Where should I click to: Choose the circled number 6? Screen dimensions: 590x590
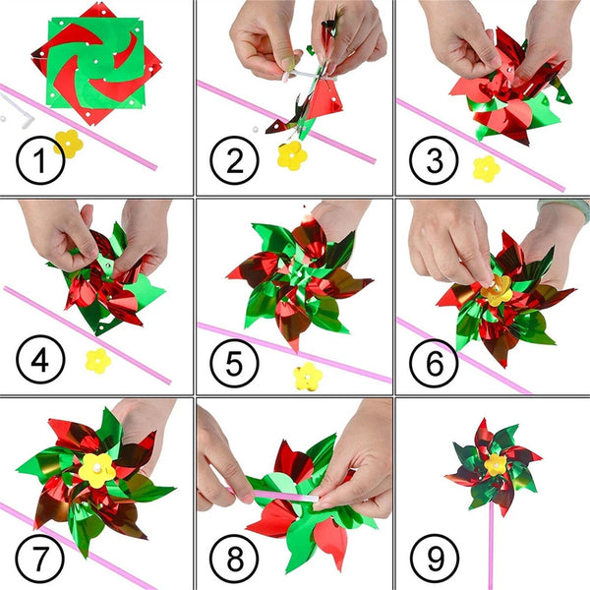434,360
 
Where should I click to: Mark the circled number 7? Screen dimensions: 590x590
39,557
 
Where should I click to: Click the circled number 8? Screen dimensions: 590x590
236,557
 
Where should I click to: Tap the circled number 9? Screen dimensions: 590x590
434,557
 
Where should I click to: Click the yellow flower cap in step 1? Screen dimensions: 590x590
69,144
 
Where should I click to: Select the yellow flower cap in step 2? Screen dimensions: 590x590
291,155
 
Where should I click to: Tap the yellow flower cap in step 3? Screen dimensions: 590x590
486,168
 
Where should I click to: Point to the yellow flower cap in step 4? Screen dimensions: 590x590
97,361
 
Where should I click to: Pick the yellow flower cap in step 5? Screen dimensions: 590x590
308,376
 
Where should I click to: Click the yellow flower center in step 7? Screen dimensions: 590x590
97,469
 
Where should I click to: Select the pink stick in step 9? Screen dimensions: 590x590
491,541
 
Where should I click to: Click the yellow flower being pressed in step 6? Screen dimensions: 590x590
497,289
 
